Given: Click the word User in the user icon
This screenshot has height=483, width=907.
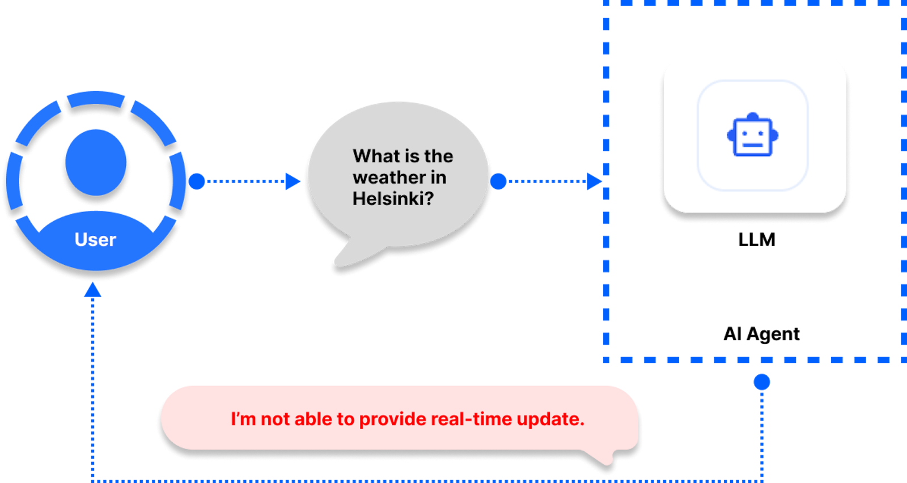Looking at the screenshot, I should click(x=95, y=240).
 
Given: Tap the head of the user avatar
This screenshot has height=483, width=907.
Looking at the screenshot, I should click(x=96, y=163).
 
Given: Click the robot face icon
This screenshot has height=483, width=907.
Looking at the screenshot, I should click(x=752, y=135).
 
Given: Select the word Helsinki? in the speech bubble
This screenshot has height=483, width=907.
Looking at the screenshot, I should click(x=393, y=199).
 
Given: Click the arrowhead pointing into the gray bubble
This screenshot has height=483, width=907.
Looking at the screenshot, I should click(x=293, y=181).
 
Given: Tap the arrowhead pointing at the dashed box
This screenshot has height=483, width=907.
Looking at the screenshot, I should click(x=594, y=181).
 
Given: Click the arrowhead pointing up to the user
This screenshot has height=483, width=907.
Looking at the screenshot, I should click(x=92, y=290).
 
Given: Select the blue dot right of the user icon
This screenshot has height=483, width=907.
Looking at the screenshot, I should click(x=197, y=181).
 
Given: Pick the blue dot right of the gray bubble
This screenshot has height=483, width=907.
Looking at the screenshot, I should click(x=498, y=181).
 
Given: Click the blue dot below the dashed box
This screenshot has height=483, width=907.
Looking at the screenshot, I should click(x=762, y=382).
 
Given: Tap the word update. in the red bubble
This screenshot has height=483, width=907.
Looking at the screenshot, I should click(x=550, y=420).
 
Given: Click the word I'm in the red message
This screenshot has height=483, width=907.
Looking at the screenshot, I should click(x=243, y=420).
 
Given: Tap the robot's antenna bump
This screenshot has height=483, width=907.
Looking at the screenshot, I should click(x=753, y=116).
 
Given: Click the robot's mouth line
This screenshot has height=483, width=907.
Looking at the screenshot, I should click(x=753, y=145).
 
